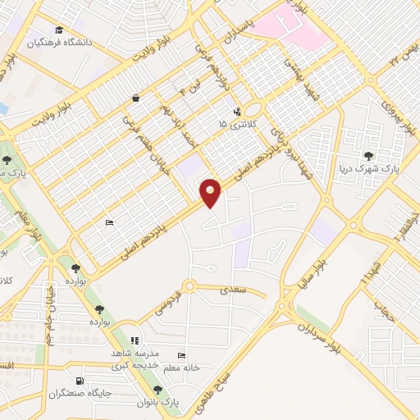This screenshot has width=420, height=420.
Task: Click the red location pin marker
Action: coord(211,192)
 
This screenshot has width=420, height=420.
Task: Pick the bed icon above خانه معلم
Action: coord(181,355)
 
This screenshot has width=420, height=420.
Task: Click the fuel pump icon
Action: coord(79,381)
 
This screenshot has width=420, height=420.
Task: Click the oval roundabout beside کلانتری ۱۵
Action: coord(252,109)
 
